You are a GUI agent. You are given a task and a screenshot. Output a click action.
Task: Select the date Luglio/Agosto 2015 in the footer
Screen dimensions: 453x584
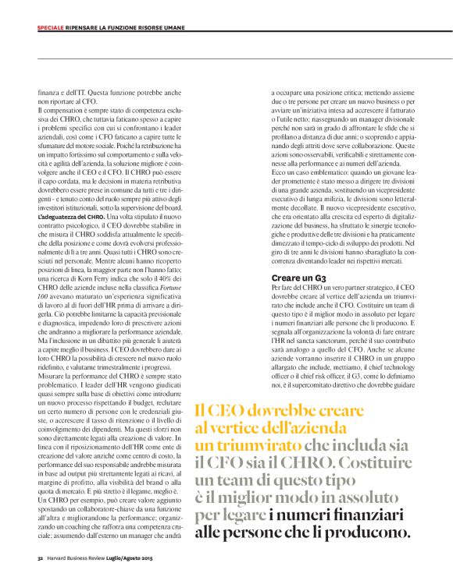click(x=133, y=558)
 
